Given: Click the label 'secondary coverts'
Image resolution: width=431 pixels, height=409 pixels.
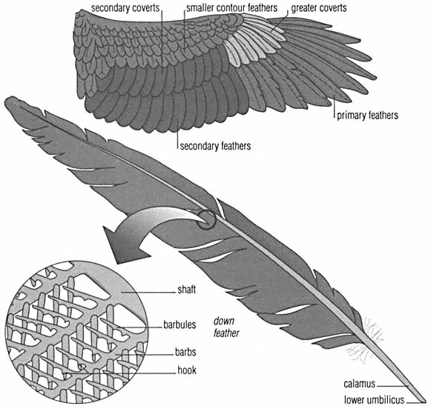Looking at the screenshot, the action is pos(125,8).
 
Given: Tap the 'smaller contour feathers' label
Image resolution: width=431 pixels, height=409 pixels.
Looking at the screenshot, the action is pos(231,8).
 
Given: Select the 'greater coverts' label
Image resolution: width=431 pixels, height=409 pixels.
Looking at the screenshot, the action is pos(319,8).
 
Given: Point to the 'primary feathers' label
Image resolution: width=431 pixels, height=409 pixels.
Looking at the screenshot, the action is pos(367,115).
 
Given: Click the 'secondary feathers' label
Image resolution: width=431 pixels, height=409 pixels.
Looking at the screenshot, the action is pos(215,145).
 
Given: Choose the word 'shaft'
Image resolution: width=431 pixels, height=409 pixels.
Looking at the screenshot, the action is pos(187,290).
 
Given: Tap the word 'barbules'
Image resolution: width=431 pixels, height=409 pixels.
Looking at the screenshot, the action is pos(180,325).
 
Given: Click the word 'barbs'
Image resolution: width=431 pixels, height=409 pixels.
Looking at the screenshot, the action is pos(185,352).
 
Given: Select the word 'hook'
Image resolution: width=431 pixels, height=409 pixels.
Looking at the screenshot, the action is pos(187,370).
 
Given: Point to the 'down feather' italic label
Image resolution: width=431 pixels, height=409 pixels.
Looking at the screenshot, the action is pos(226,327).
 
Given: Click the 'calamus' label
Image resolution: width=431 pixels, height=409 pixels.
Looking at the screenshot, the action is pos(360,384).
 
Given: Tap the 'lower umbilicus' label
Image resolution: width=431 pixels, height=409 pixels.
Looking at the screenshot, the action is pos(374,399).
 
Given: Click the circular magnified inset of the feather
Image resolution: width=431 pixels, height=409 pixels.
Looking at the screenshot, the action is pos(77,332).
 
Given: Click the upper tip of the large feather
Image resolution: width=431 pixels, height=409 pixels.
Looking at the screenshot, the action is pos(6,99).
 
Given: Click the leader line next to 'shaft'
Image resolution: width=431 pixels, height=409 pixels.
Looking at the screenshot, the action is pos(148,293).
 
